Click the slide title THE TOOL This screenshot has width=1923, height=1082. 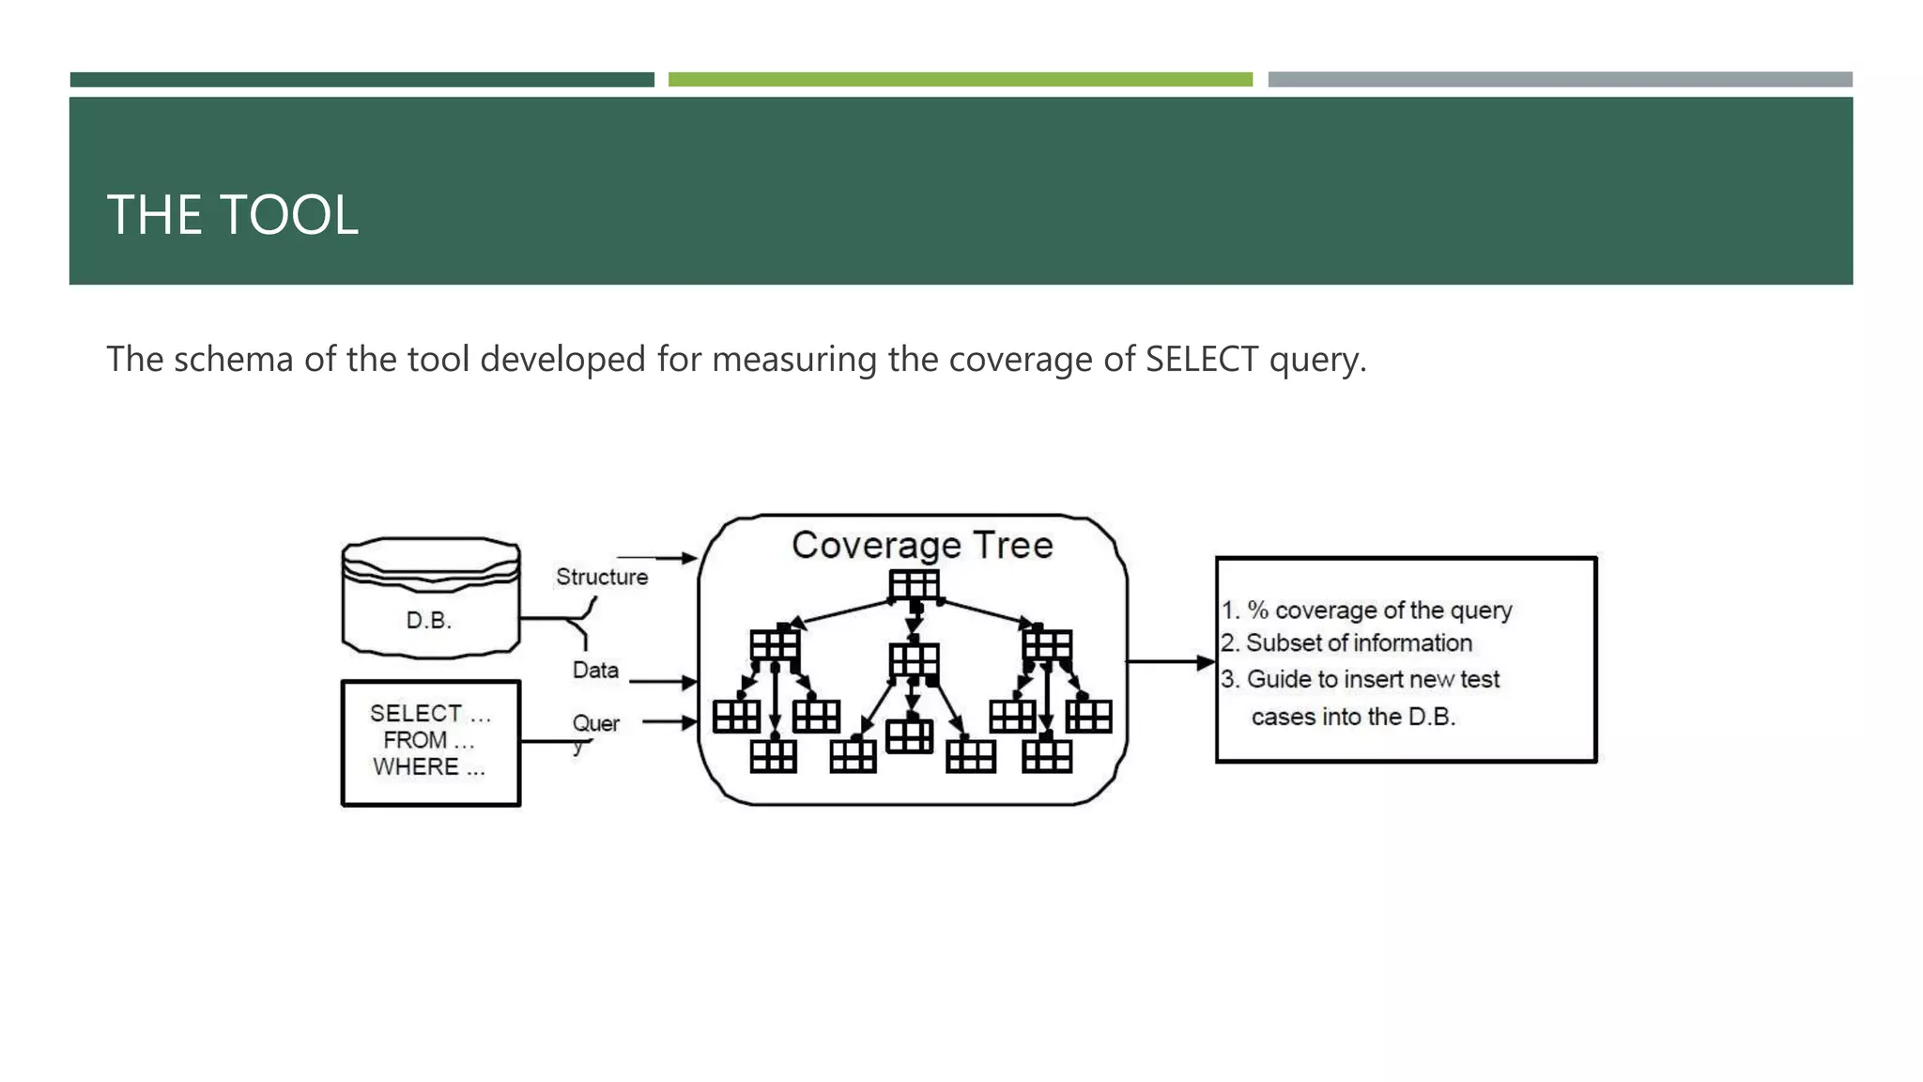(232, 215)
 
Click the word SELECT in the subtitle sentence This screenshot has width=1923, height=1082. (1201, 360)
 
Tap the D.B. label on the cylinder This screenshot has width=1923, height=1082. (429, 620)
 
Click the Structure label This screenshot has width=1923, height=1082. (602, 577)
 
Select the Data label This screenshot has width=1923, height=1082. (595, 670)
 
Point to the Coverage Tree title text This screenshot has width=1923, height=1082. (922, 546)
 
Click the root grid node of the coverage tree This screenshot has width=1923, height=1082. (914, 585)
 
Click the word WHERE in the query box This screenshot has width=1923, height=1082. (416, 767)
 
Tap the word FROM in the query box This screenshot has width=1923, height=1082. (415, 740)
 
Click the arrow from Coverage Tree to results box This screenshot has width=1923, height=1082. (1170, 662)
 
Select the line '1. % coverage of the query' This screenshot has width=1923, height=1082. (1366, 611)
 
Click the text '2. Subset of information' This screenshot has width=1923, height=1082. (1346, 643)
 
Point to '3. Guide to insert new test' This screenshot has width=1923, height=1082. (1361, 679)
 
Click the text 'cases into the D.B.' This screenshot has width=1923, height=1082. (1353, 717)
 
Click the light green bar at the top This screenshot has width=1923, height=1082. (960, 80)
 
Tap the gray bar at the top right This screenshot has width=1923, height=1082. (1560, 80)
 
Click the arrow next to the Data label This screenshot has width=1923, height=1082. (663, 681)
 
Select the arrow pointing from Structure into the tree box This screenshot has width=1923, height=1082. (656, 558)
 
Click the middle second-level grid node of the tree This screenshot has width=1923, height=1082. (914, 659)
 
